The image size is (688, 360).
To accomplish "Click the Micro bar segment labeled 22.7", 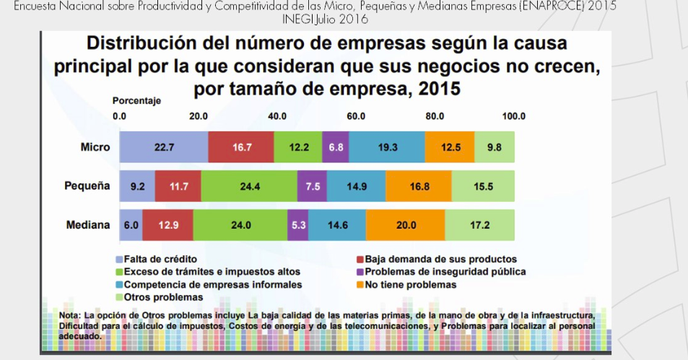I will pos(164,147).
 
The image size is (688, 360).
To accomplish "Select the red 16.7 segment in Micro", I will pos(240,147).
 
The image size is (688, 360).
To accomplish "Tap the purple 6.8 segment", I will pos(336,147).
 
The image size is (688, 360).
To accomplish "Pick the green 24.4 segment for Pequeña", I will pos(249,186).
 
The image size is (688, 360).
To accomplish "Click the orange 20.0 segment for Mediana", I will pos(406,225).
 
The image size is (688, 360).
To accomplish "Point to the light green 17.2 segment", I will pos(479,225).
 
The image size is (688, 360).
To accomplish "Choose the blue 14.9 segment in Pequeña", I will pos(356,186).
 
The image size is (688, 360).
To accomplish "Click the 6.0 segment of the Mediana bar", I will pos(131,225).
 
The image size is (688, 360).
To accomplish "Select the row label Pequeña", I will pos(87,186).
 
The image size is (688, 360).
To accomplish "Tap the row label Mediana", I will pos(88,225).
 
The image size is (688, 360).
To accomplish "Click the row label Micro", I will pos(95,147).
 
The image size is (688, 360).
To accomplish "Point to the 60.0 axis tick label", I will pos(356,116).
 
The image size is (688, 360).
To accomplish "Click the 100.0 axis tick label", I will pos(513,116).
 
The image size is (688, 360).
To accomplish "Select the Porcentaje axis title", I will pos(136,100).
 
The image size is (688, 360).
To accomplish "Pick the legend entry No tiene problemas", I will pos(410,285).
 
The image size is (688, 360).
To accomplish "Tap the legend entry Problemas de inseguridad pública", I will pos(445,272).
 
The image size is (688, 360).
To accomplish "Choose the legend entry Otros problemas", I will pos(163,297).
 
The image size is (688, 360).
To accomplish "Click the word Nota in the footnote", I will pos(70,316).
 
